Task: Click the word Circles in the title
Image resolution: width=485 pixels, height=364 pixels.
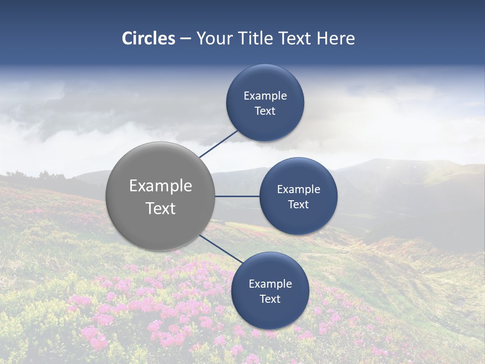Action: [149, 38]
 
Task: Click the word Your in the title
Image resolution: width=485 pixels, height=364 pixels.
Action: [215, 38]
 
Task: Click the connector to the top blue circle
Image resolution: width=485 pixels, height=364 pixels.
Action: [219, 144]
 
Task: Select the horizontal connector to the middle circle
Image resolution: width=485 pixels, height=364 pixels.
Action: [237, 196]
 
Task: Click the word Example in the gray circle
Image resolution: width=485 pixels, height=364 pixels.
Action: [161, 186]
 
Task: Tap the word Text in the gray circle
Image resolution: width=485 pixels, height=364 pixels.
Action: [161, 208]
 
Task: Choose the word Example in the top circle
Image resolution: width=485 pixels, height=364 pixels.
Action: [265, 96]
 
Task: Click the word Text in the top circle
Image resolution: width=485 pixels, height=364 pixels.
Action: [265, 111]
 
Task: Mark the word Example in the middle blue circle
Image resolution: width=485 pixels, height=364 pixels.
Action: [299, 189]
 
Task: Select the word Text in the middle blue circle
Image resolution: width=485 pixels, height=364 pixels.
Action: [299, 204]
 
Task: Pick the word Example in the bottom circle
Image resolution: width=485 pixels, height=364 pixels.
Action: [270, 284]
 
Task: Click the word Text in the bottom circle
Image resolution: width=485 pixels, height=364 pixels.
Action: [270, 299]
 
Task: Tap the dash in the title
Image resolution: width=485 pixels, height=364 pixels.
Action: [185, 39]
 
